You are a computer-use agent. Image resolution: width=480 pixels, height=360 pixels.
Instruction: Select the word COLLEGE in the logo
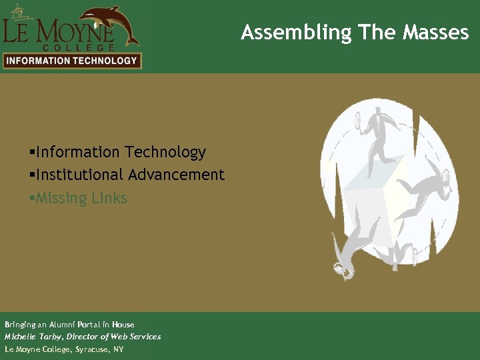(79, 47)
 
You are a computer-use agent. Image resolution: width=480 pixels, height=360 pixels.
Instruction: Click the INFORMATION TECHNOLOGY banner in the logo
(71, 61)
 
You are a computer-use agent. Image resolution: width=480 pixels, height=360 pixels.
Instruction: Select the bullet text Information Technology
(121, 153)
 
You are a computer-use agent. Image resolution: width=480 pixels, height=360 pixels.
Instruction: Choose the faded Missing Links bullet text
(81, 198)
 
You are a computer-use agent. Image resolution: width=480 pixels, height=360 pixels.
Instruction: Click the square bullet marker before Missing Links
(32, 198)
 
